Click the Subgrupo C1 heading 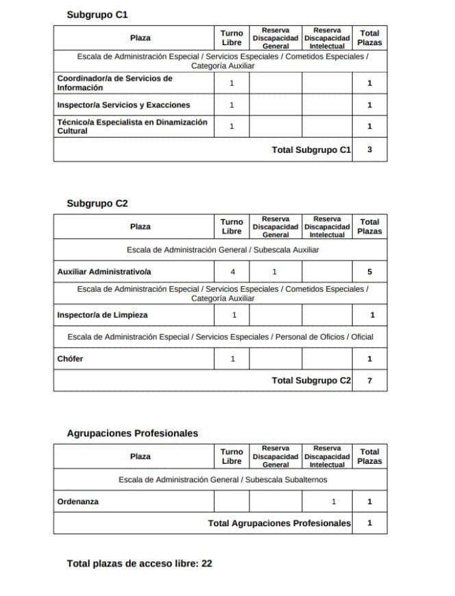pyautogui.click(x=97, y=14)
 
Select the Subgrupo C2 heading pyautogui.click(x=97, y=203)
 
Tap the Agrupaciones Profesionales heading pyautogui.click(x=132, y=433)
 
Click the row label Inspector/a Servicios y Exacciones pyautogui.click(x=123, y=105)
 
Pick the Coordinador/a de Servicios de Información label pyautogui.click(x=114, y=83)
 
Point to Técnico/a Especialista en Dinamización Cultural pyautogui.click(x=132, y=126)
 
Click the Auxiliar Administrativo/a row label pyautogui.click(x=103, y=272)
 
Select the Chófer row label pyautogui.click(x=70, y=358)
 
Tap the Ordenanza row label pyautogui.click(x=77, y=501)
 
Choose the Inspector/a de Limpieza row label pyautogui.click(x=102, y=315)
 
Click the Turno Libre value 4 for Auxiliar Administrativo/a pyautogui.click(x=232, y=272)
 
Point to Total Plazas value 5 pyautogui.click(x=369, y=272)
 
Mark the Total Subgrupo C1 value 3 pyautogui.click(x=369, y=149)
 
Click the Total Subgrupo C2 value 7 pyautogui.click(x=369, y=380)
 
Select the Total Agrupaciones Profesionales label pyautogui.click(x=279, y=523)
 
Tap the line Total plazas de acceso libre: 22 pyautogui.click(x=139, y=564)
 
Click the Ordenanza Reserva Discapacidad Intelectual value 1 pyautogui.click(x=334, y=501)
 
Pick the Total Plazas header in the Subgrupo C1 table pyautogui.click(x=369, y=38)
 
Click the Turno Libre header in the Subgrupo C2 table pyautogui.click(x=232, y=227)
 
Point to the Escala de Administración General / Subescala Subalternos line pyautogui.click(x=223, y=480)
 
